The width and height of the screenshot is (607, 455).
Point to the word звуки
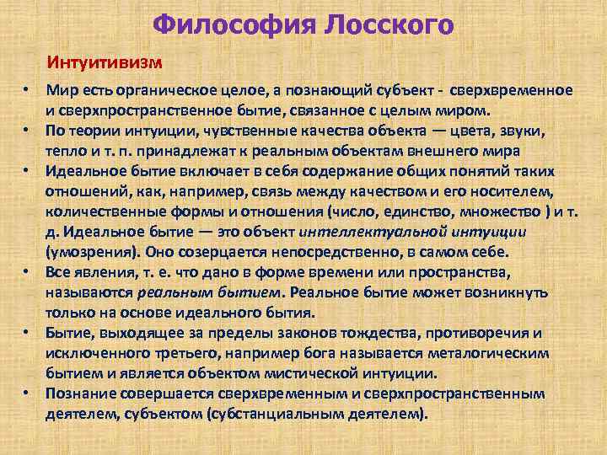[523, 131]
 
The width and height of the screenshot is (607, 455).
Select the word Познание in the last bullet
[79, 393]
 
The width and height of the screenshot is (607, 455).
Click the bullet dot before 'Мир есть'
[27, 90]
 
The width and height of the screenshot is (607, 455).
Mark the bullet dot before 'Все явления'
[27, 271]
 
